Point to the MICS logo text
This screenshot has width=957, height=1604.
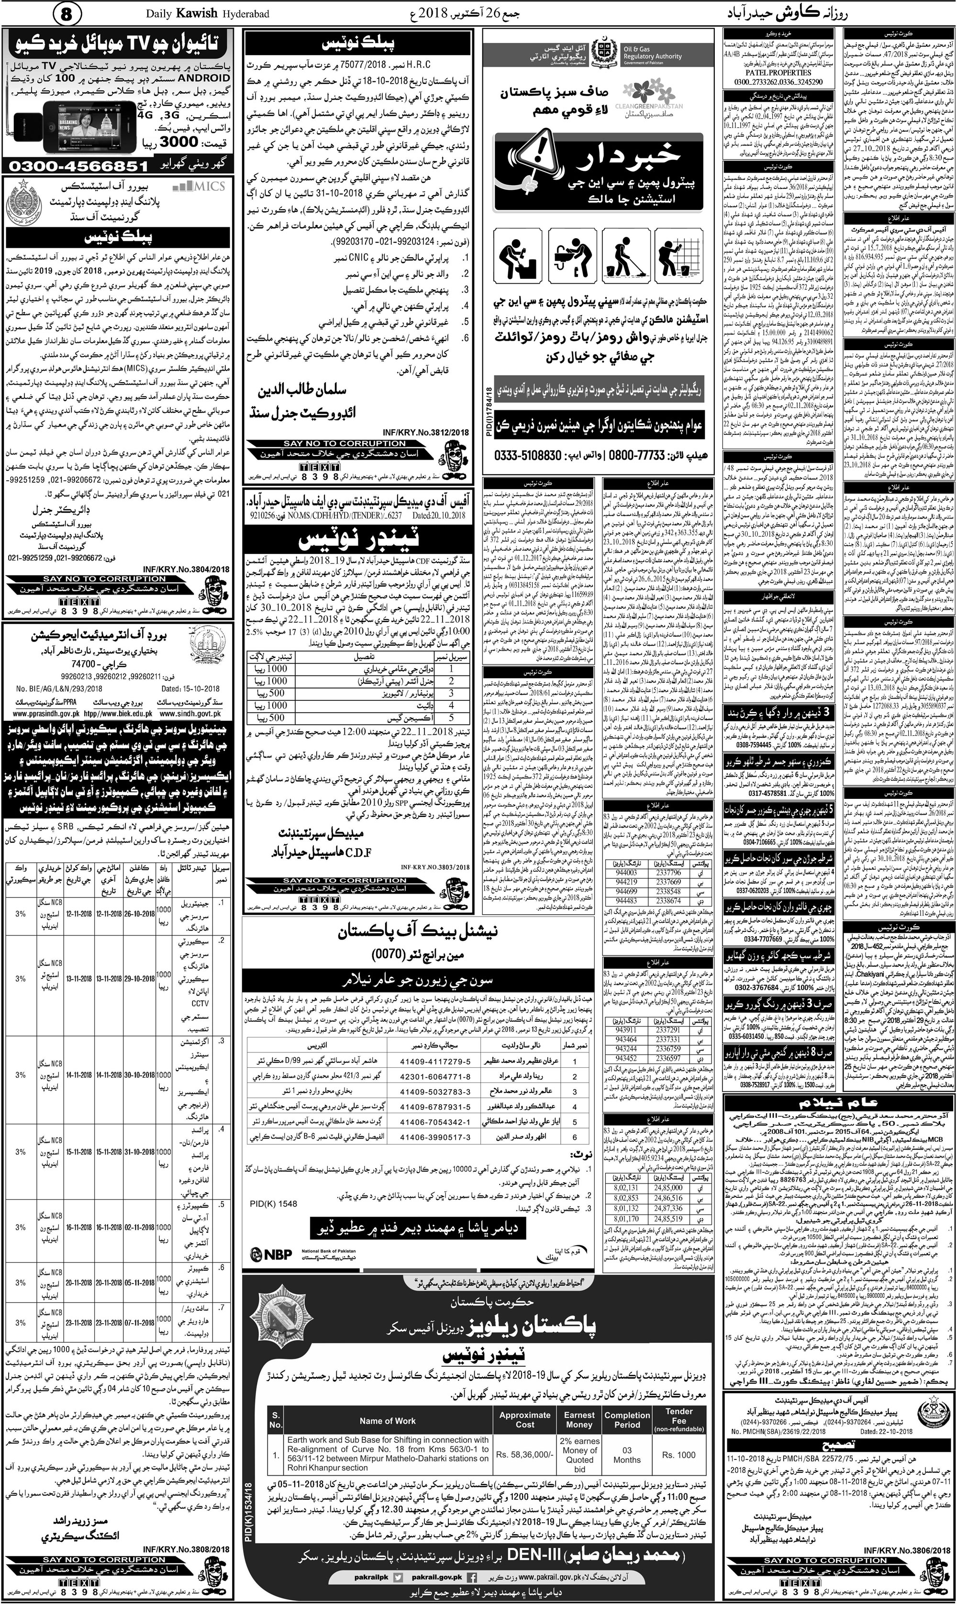[x=200, y=187]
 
